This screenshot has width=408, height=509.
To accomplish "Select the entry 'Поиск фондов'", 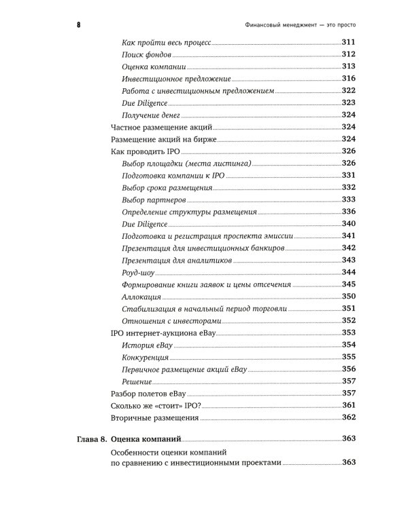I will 146,54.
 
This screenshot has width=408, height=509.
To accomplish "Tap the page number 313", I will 349,66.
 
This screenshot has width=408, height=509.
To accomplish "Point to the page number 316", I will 349,79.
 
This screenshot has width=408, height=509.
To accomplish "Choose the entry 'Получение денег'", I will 150,115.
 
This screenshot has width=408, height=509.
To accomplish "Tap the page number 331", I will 349,175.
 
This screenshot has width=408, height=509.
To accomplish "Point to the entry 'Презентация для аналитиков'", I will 177,261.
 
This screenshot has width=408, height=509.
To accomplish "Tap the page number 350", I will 349,297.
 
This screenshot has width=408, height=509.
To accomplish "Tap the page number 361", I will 349,406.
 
